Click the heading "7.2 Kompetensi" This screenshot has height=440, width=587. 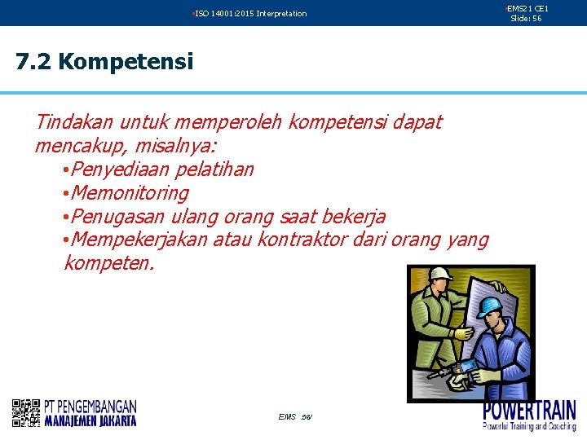pyautogui.click(x=104, y=62)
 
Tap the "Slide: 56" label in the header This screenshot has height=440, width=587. pyautogui.click(x=526, y=18)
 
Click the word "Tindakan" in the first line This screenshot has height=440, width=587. pyautogui.click(x=74, y=122)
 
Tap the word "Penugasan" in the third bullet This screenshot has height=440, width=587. pyautogui.click(x=115, y=217)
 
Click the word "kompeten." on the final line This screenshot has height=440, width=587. pyautogui.click(x=108, y=264)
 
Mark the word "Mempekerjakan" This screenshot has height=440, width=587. pyautogui.click(x=139, y=240)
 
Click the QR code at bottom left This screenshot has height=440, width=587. pyautogui.click(x=26, y=413)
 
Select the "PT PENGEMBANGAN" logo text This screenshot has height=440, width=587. pyautogui.click(x=90, y=406)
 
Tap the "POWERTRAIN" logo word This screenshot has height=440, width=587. pyautogui.click(x=529, y=410)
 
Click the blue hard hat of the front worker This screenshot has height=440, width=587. pyautogui.click(x=489, y=306)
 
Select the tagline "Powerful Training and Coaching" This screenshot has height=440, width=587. pyautogui.click(x=529, y=426)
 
